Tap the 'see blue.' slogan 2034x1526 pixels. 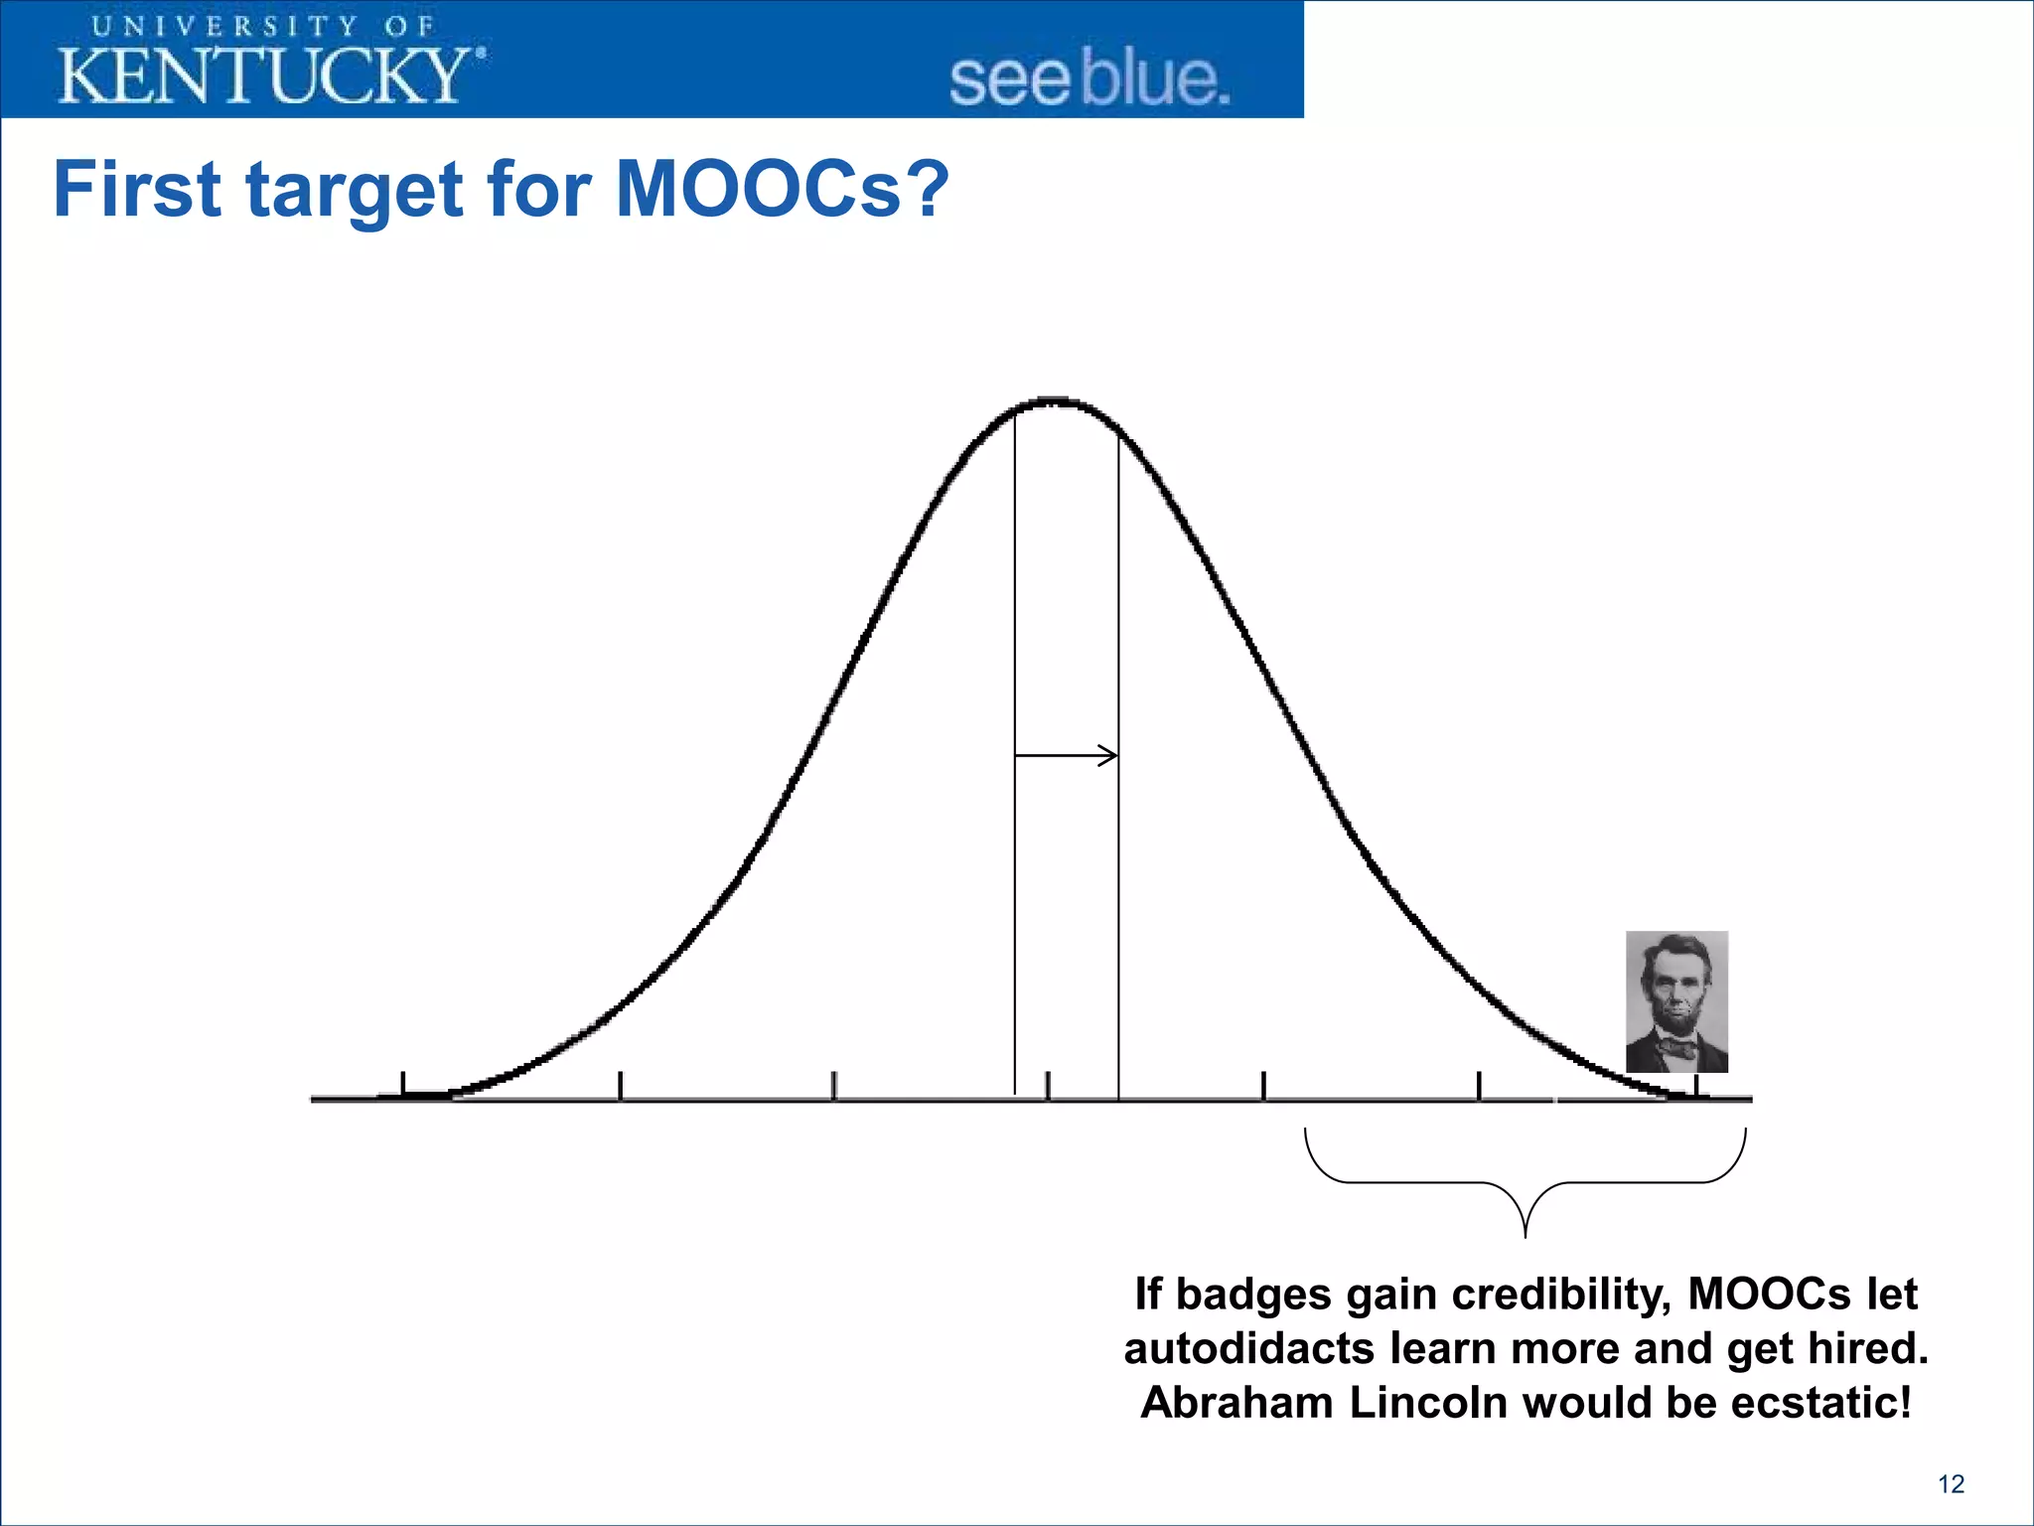(1089, 79)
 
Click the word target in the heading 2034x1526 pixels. (355, 191)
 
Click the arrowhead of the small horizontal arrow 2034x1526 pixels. (1110, 756)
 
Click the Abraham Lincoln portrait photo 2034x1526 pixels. (1676, 1000)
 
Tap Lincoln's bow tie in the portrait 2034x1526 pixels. (1677, 1046)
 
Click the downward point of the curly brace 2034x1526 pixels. (1525, 1232)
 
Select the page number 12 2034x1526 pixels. (1951, 1484)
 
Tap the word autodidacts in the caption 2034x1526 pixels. (1248, 1349)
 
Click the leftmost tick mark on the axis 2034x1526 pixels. (403, 1085)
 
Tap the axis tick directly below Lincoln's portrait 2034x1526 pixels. (1697, 1086)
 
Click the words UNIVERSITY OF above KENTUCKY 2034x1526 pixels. (263, 26)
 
